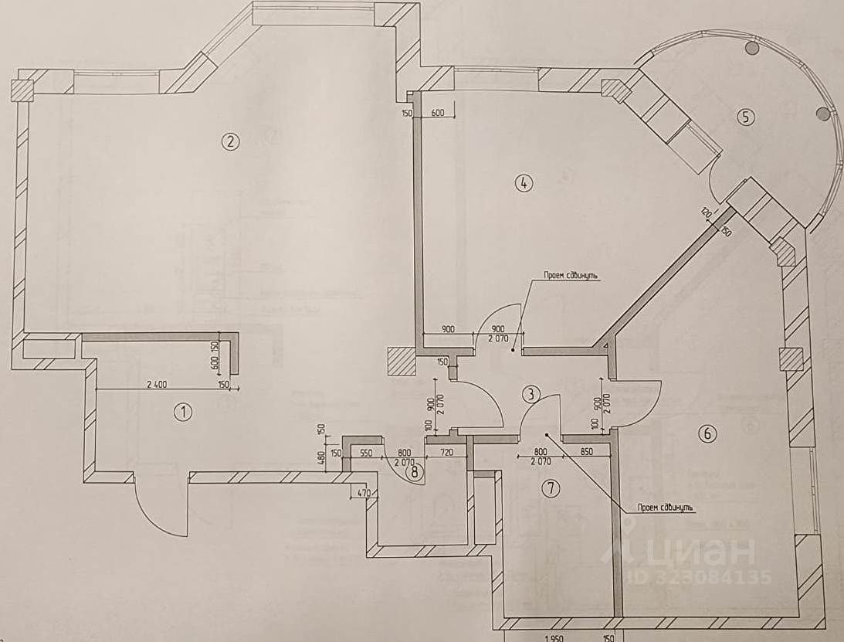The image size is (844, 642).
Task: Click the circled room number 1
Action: [x=182, y=412]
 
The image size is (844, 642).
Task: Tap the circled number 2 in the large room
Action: [x=229, y=141]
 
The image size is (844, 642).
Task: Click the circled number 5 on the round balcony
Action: [x=744, y=117]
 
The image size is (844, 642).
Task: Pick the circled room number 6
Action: [x=706, y=434]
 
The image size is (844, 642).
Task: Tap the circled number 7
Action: [x=550, y=487]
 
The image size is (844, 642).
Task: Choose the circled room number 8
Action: [x=416, y=473]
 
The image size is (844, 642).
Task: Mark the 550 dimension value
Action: [x=366, y=453]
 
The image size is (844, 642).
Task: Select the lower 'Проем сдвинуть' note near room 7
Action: [x=666, y=508]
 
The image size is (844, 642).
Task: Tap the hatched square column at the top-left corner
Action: [x=22, y=90]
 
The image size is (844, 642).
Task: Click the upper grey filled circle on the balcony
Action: [x=751, y=48]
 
